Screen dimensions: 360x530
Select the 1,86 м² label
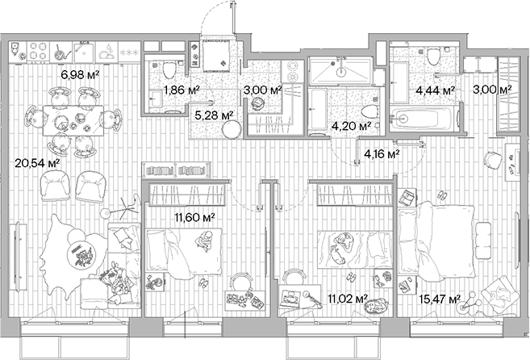coord(181,90)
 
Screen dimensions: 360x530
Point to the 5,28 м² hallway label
coord(215,115)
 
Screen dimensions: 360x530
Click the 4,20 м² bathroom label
coord(353,126)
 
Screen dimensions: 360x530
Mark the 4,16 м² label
coord(382,153)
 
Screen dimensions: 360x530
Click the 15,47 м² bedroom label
coord(443,300)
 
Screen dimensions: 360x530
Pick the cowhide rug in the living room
coord(77,254)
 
